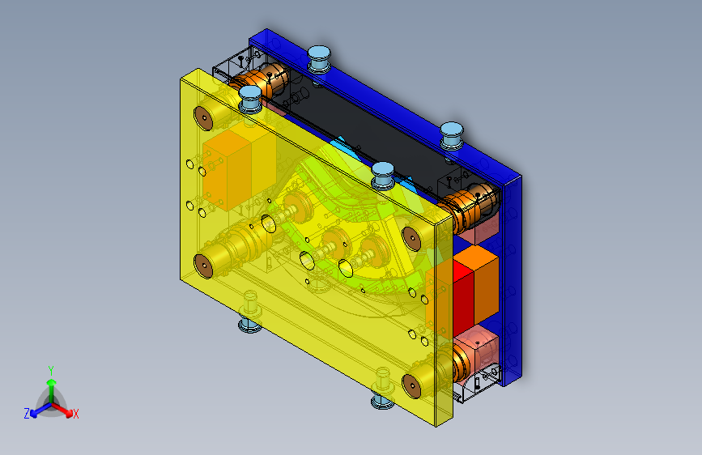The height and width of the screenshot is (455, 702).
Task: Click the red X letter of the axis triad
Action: point(76,415)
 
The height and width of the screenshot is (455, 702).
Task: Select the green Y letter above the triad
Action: point(51,369)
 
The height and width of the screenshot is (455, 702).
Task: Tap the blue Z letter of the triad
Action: point(27,414)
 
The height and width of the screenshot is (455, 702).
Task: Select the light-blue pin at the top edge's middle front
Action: point(381,173)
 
